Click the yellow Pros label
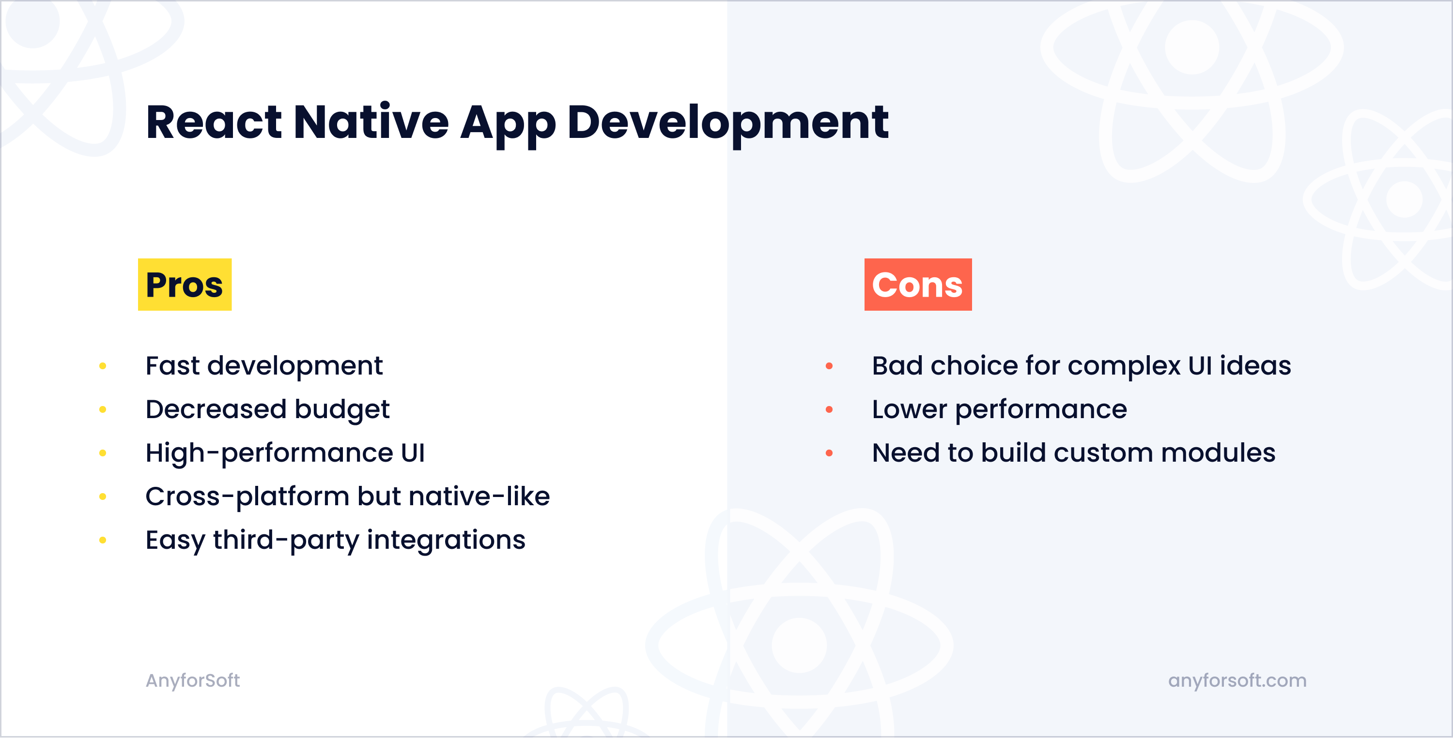coord(185,284)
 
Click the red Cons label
coord(918,284)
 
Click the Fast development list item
coord(264,366)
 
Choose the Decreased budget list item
coord(267,410)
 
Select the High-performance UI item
coord(285,453)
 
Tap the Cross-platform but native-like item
coord(347,497)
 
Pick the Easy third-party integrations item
coord(335,540)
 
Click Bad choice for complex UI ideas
coord(1082,366)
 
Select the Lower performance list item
coord(1000,410)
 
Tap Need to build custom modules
coord(1073,453)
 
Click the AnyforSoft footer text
coord(193,680)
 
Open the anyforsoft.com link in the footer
coord(1237,680)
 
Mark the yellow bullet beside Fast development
coord(103,366)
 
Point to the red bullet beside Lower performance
coord(829,410)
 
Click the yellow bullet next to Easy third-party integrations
coord(103,540)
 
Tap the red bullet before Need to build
coord(829,453)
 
